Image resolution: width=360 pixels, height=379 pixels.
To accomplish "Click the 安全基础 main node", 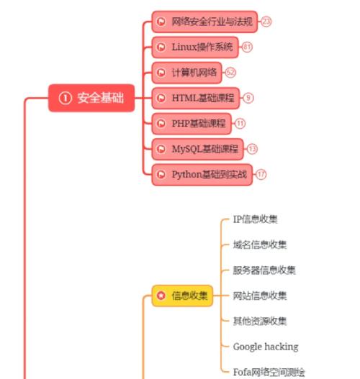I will click(x=91, y=98).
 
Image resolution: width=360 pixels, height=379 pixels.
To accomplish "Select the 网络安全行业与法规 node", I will click(x=204, y=22).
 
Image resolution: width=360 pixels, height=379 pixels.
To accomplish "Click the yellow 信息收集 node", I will click(x=183, y=295).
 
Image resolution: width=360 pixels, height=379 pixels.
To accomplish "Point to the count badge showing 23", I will click(x=266, y=22).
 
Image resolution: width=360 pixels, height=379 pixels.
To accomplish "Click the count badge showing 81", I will click(x=247, y=47).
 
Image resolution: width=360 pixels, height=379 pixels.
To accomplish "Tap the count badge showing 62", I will click(x=230, y=72).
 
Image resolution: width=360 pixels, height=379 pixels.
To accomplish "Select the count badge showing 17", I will click(x=261, y=174).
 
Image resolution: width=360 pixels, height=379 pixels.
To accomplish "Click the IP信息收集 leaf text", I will click(x=255, y=219).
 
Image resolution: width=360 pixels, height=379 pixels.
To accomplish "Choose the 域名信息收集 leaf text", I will click(x=259, y=245).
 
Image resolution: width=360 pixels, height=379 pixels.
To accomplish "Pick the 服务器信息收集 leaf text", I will click(x=264, y=270).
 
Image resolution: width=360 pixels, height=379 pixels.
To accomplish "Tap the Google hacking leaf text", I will click(x=265, y=347).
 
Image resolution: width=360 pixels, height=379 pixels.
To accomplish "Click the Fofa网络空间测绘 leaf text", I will click(x=269, y=372).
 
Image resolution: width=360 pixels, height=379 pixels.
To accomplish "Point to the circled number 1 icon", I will click(x=65, y=98).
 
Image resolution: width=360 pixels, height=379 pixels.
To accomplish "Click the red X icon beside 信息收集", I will click(x=161, y=295).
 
